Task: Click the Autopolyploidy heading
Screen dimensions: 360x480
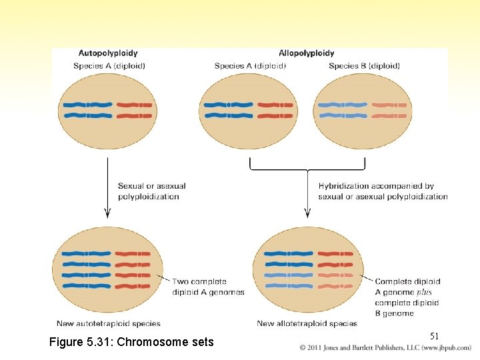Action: point(108,53)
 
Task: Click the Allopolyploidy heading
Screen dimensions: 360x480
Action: point(307,53)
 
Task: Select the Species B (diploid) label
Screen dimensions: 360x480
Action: point(364,66)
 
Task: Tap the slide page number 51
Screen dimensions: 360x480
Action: point(434,336)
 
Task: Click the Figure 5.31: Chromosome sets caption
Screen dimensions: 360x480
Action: point(132,342)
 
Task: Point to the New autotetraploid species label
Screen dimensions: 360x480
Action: point(109,324)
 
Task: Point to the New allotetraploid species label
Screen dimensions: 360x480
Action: point(307,324)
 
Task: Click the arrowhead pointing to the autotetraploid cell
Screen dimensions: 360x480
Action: point(107,213)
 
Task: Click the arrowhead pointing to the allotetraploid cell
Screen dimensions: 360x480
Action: point(307,213)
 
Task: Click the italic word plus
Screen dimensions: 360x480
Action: point(424,292)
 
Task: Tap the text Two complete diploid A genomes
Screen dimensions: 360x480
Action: point(208,287)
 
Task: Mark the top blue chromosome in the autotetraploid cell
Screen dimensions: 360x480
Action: point(85,253)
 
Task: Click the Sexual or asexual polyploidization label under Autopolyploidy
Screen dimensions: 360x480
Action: point(152,191)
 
